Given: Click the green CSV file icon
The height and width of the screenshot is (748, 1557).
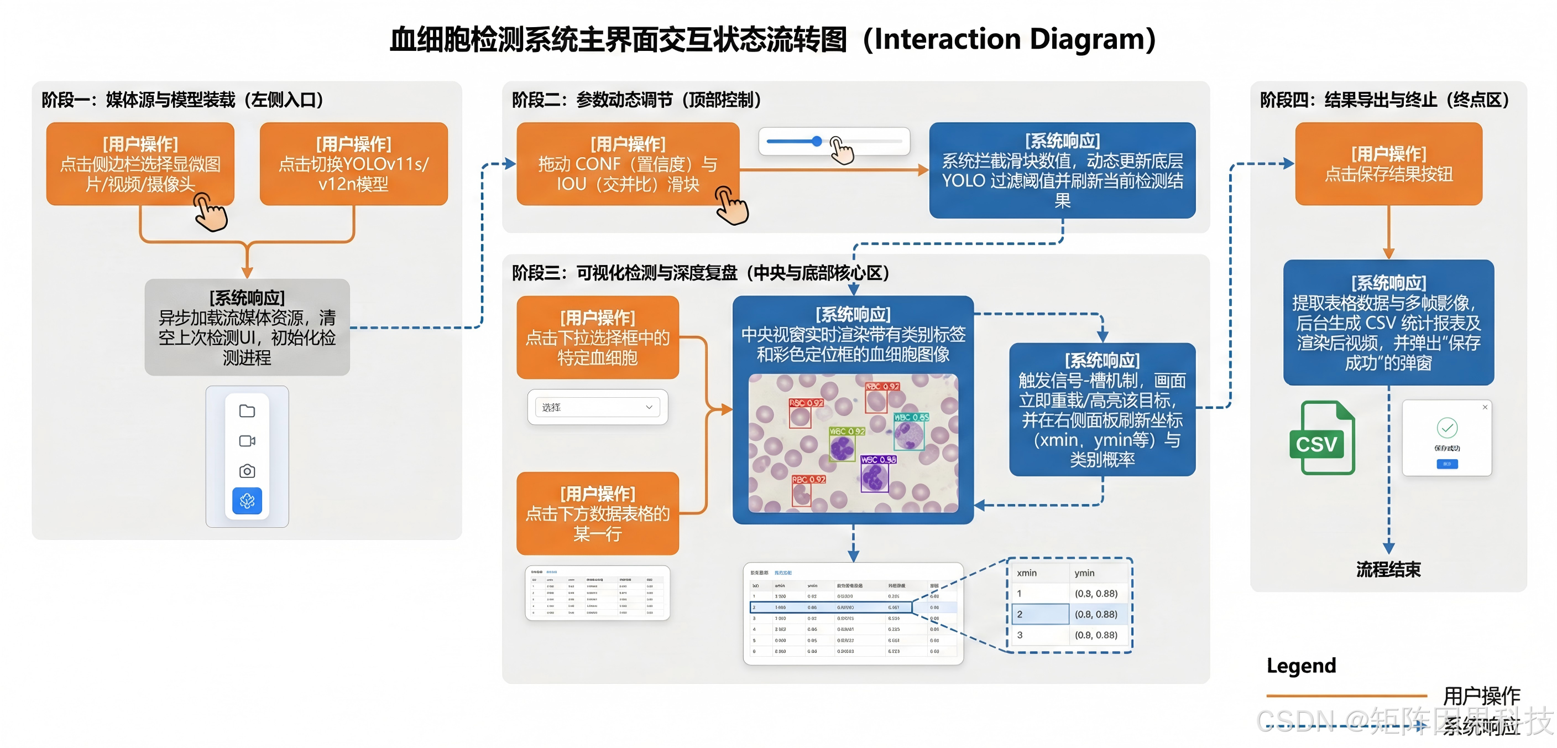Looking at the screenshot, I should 1322,438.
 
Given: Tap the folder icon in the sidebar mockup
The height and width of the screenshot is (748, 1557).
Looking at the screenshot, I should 247,411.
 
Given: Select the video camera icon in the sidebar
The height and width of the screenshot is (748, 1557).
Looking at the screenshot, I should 247,441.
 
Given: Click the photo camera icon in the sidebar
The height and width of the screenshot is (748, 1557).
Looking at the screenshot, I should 247,471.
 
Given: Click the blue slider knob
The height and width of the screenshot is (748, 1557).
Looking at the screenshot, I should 817,142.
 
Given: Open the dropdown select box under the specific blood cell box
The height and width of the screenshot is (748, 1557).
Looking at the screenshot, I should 597,408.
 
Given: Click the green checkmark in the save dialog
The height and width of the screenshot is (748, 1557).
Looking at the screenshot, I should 1446,428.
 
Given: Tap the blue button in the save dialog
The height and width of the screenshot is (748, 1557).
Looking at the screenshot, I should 1446,464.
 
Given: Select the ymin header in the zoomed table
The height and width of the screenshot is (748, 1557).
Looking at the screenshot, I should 1084,573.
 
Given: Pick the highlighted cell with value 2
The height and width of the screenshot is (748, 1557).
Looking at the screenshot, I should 1039,614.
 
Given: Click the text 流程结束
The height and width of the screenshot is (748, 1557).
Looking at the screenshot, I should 1388,569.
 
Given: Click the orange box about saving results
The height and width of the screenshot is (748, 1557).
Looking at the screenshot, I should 1388,164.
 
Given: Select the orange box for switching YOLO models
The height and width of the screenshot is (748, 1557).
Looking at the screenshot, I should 354,164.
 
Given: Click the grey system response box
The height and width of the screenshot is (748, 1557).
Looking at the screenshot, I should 247,327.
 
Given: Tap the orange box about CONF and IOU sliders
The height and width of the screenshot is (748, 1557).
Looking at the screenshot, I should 628,164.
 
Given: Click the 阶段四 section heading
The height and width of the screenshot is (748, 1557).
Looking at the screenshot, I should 1384,100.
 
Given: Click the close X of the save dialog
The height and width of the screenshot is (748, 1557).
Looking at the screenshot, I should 1485,408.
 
